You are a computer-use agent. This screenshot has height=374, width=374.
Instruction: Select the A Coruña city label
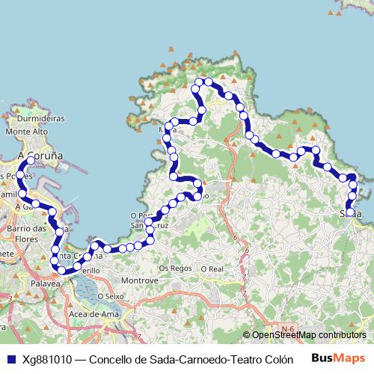[x=39, y=156]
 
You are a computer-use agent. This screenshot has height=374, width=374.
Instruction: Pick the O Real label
[x=212, y=268]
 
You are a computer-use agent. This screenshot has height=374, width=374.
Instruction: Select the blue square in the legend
[x=10, y=358]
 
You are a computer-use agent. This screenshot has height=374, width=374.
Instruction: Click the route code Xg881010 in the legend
[x=49, y=358]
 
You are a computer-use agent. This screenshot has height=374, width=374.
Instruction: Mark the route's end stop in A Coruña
[x=31, y=161]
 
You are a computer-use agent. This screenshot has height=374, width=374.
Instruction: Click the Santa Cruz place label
[x=146, y=224]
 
